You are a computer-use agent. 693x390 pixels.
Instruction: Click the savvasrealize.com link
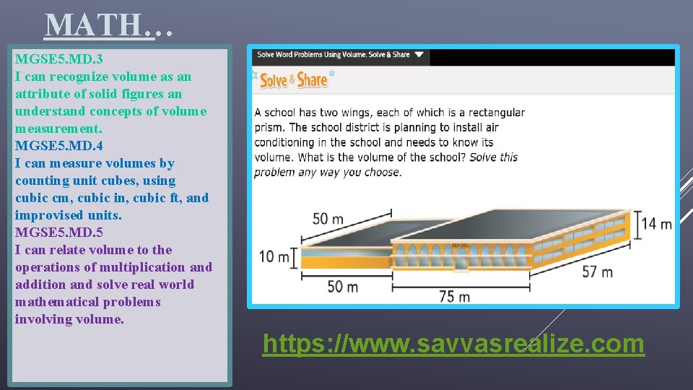pos(453,344)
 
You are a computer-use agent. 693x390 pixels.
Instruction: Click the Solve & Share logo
pos(294,79)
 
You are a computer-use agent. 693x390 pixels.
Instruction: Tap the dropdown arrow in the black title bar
pos(419,54)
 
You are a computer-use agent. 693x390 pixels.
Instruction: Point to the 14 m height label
pos(656,224)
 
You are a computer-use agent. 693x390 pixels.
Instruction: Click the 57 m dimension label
pos(597,272)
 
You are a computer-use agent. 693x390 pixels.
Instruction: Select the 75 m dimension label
pos(455,296)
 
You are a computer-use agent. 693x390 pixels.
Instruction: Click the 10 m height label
pos(274,256)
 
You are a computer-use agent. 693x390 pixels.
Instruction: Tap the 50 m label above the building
pos(328,218)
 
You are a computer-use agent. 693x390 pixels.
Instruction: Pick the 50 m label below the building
pos(342,287)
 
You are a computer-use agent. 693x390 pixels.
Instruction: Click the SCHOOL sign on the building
pos(461,246)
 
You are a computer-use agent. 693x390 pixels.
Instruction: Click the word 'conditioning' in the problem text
pos(284,142)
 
